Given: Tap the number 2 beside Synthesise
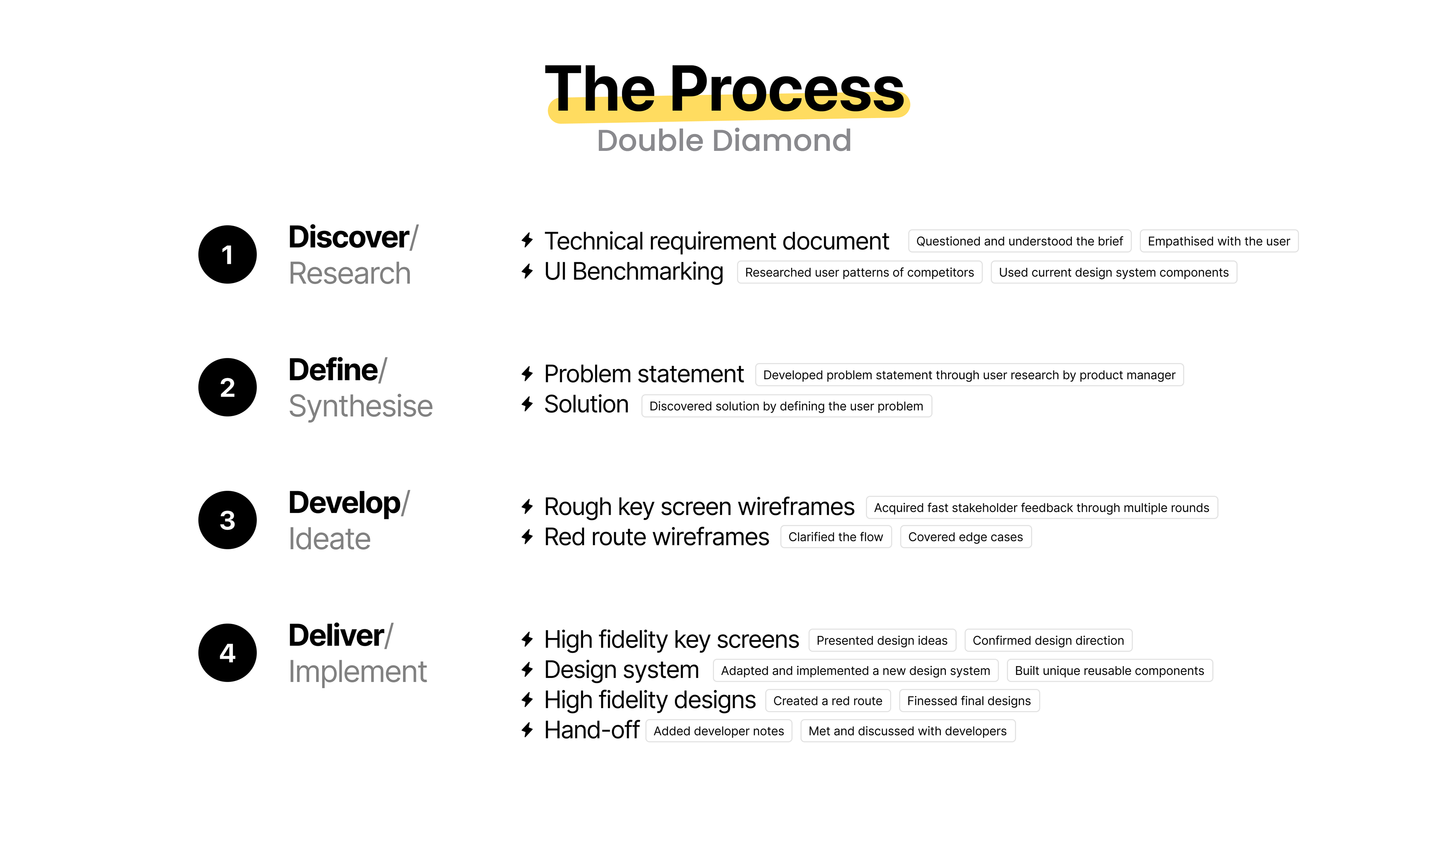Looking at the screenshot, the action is coord(227,388).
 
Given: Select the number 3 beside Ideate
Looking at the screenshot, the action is coord(227,521).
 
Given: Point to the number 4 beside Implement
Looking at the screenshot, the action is coord(227,653).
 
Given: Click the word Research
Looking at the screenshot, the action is coord(349,273).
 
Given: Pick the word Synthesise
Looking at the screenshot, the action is coord(361,406).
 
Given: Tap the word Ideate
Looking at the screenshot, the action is coord(330,539).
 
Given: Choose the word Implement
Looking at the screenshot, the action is coord(358,671).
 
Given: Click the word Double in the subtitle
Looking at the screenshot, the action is coord(650,141).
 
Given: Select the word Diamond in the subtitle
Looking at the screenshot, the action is coord(782,141).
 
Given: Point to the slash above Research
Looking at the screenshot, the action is coord(414,237).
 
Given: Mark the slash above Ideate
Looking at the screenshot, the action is coord(406,502).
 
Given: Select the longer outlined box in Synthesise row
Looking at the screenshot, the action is coord(969,375).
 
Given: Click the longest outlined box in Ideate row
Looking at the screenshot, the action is coord(1042,507).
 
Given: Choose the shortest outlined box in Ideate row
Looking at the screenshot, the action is coord(836,536).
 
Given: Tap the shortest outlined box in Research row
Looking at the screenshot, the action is coord(1219,241).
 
